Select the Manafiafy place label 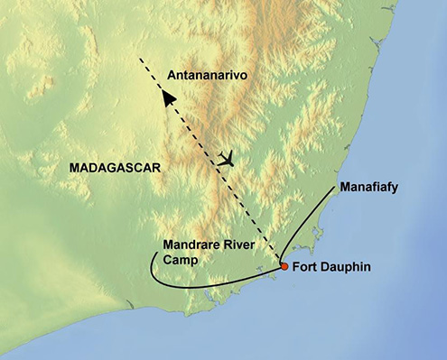(x=369, y=189)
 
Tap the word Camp (x=180, y=258)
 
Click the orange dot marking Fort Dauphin (x=284, y=266)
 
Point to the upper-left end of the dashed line (x=140, y=60)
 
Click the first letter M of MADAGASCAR (x=73, y=168)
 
